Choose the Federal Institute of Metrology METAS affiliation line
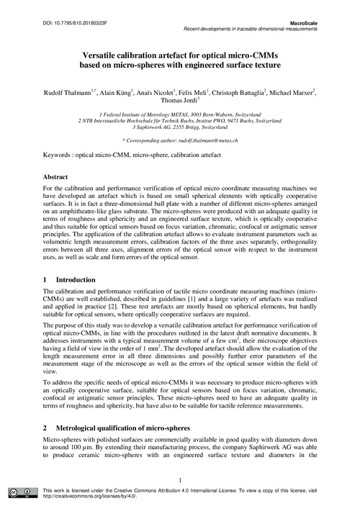point(180,114)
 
